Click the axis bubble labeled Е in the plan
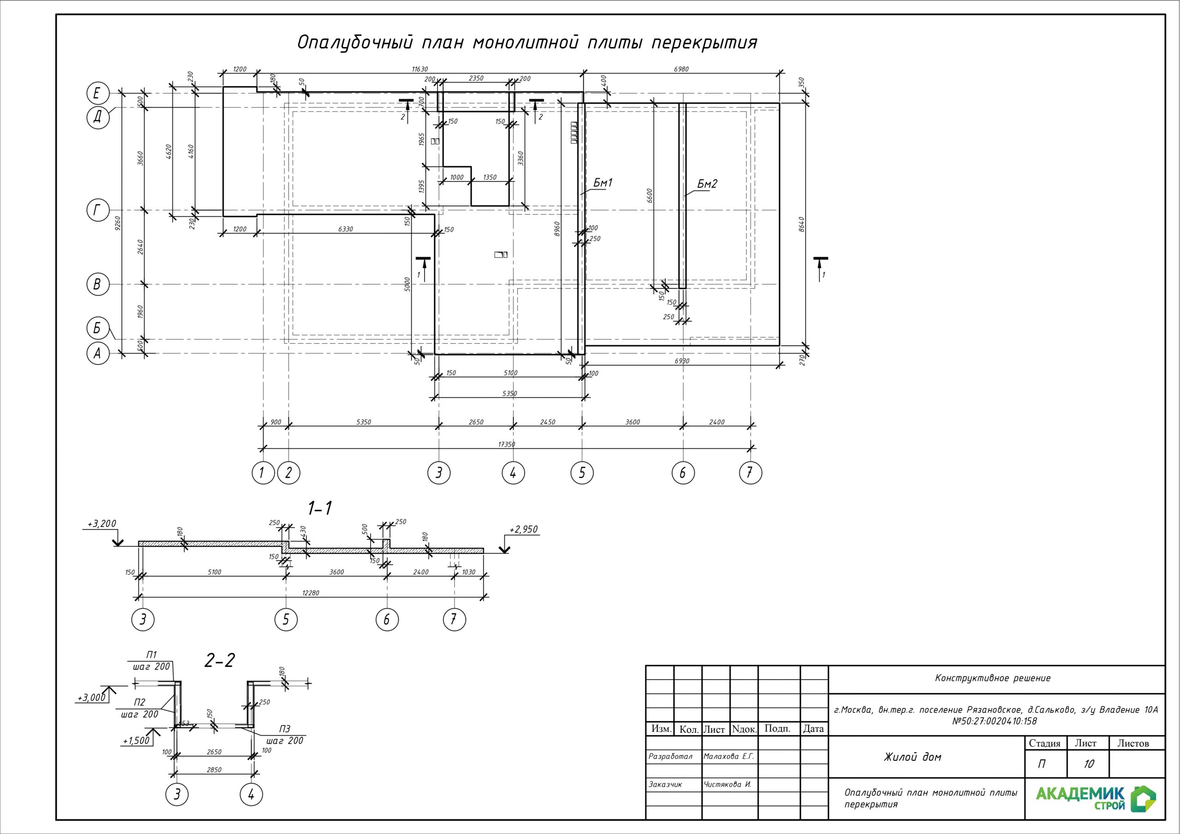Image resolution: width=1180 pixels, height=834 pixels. tap(97, 94)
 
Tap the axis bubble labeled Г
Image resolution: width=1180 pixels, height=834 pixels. tap(97, 210)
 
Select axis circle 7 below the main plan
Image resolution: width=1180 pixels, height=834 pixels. tap(750, 473)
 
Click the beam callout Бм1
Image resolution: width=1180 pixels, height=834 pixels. tap(603, 182)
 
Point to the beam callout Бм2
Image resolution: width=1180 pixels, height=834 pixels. tap(707, 183)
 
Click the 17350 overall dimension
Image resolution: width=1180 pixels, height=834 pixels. tap(506, 444)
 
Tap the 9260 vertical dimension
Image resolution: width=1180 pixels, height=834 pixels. tap(118, 223)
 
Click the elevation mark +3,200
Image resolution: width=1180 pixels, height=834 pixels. tap(102, 523)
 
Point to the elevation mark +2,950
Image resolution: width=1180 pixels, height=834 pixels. tap(524, 529)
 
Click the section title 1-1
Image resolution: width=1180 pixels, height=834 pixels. tap(320, 508)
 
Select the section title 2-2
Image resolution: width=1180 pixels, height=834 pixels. tap(219, 660)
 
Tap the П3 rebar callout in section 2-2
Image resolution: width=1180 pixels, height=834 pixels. tap(285, 729)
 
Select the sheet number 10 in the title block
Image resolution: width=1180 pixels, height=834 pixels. tap(1089, 764)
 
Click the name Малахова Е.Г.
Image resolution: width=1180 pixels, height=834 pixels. tap(728, 757)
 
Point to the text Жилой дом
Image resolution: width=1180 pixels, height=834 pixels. tap(912, 757)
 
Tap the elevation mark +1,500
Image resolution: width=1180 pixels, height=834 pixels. tap(136, 740)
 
